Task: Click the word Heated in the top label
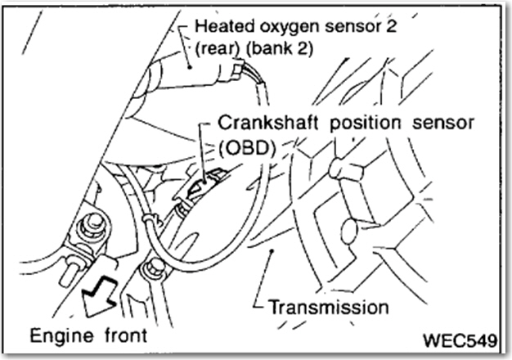(224, 26)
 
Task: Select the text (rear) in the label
(217, 49)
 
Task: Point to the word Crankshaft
(268, 124)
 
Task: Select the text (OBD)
(247, 149)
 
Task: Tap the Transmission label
(329, 307)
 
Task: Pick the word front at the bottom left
(127, 335)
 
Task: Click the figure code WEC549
(460, 340)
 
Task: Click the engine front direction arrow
(99, 295)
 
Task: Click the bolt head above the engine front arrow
(92, 225)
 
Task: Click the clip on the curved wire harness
(151, 219)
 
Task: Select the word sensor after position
(443, 124)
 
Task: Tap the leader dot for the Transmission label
(272, 250)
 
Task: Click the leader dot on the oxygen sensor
(190, 67)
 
